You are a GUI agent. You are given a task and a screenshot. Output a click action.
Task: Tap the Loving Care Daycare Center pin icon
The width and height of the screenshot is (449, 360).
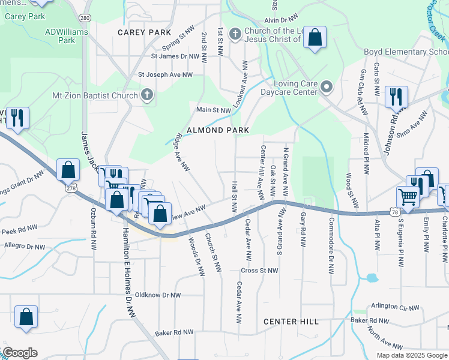(327, 88)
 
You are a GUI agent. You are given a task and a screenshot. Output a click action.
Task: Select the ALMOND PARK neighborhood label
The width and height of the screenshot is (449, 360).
(217, 130)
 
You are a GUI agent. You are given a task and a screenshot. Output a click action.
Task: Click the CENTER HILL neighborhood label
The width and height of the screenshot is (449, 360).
(291, 322)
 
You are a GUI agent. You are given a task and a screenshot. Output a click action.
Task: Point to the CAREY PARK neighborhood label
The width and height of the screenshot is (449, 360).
(145, 32)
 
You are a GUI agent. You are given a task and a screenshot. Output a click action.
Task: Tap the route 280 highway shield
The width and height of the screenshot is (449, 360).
(85, 18)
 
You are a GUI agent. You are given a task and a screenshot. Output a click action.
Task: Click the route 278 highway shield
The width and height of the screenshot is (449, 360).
(72, 189)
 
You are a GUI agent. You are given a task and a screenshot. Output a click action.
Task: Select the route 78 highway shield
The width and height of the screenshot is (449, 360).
(394, 212)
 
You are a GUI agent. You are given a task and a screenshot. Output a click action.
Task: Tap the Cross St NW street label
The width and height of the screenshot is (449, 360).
(261, 271)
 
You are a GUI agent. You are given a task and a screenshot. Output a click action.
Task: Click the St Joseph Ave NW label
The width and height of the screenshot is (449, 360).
(166, 75)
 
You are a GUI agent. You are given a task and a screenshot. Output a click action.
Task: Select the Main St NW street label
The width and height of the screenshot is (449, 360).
(214, 110)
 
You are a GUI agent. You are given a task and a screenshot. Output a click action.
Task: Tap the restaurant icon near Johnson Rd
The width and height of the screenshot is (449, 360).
(396, 96)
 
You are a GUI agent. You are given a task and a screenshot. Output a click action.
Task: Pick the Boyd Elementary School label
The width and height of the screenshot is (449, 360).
(406, 52)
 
